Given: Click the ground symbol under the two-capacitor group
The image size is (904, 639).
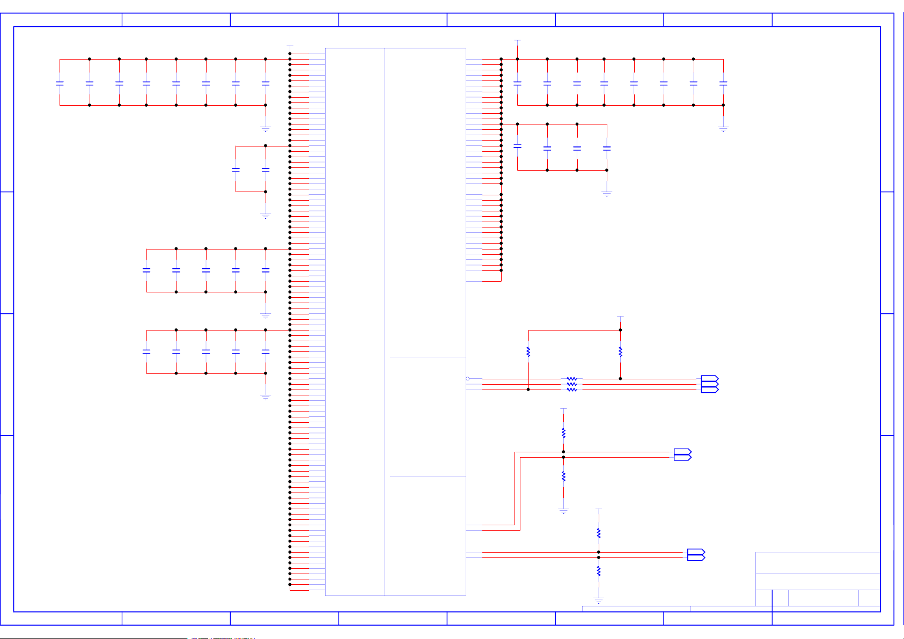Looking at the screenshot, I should (266, 216).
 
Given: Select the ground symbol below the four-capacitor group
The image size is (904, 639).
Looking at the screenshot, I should (607, 194).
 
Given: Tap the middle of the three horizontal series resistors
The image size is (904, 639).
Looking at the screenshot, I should (572, 384).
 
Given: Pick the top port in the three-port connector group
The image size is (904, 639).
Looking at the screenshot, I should (709, 379).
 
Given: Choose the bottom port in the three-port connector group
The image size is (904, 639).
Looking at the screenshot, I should (709, 390).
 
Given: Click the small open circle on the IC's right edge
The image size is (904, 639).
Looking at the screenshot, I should (468, 379).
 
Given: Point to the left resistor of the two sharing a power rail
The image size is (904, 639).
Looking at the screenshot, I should (528, 352).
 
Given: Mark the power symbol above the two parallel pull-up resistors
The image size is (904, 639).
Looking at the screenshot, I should (620, 318).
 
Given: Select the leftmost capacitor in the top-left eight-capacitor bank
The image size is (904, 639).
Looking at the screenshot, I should (60, 83).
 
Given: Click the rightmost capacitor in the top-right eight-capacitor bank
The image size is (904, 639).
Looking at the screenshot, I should (723, 83).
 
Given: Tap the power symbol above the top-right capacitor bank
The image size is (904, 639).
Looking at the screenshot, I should (517, 41).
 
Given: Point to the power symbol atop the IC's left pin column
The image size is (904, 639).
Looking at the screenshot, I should (290, 47).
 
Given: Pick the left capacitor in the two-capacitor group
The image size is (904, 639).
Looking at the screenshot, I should (236, 170).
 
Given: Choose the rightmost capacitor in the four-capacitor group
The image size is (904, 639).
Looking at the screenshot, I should (607, 148).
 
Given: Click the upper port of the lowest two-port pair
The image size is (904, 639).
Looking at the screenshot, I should (696, 552).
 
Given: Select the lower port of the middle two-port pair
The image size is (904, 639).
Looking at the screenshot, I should (682, 458).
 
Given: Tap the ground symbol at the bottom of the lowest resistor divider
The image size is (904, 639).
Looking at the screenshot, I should (599, 600).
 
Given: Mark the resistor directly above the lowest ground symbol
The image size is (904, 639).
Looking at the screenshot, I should (599, 571).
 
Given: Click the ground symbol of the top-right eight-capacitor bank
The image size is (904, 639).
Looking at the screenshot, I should (723, 129).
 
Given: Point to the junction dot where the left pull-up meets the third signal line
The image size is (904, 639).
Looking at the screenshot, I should (528, 390).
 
